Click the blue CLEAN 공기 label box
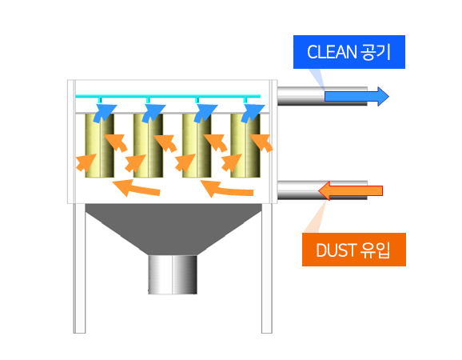tap(349, 52)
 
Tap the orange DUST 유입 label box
tap(354, 250)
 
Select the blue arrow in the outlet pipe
tap(356, 97)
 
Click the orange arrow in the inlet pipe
tap(350, 190)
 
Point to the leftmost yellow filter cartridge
tap(100, 146)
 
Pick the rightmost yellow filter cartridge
tap(245, 146)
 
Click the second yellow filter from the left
tap(148, 146)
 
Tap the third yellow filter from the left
tap(197, 146)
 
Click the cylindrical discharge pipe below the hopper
tap(173, 274)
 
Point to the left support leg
tap(79, 268)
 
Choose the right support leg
tap(267, 268)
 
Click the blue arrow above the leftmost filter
tap(105, 113)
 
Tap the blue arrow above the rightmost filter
tap(253, 113)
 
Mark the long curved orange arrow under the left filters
tap(136, 187)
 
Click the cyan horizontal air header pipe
tap(168, 96)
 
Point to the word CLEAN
tap(332, 52)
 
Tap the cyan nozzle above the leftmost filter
tap(100, 100)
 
